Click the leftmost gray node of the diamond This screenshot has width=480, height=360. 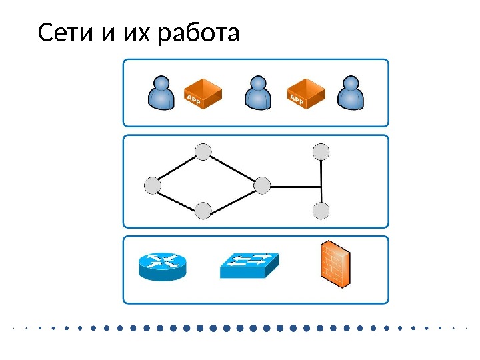pos(153,185)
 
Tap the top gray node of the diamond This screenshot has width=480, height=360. pos(203,153)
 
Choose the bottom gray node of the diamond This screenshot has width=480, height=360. pos(203,211)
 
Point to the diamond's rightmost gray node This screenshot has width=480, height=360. pos(263,186)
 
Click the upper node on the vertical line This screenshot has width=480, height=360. pos(321,153)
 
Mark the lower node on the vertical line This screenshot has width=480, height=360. pos(321,211)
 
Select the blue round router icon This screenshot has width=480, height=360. pos(161,265)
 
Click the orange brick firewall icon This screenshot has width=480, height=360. pos(335,264)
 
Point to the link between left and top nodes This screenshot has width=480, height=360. pos(178,169)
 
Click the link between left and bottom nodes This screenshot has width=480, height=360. pos(178,199)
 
